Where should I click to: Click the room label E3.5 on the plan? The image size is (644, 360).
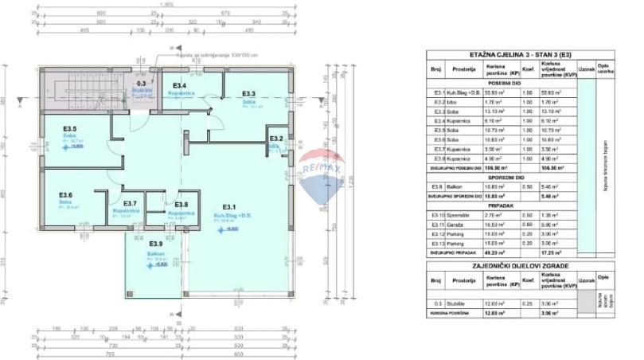pyautogui.click(x=70, y=128)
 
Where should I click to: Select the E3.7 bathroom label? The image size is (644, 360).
pyautogui.click(x=130, y=204)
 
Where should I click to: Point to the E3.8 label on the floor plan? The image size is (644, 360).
pyautogui.click(x=181, y=204)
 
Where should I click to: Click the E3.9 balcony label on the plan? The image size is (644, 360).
pyautogui.click(x=156, y=244)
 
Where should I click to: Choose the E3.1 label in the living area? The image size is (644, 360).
pyautogui.click(x=230, y=207)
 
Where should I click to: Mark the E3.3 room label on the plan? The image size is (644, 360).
pyautogui.click(x=248, y=93)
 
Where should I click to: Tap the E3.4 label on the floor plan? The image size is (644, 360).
pyautogui.click(x=180, y=85)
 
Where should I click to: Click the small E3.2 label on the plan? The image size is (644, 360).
pyautogui.click(x=276, y=139)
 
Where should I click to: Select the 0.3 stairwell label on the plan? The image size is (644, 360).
pyautogui.click(x=142, y=83)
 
